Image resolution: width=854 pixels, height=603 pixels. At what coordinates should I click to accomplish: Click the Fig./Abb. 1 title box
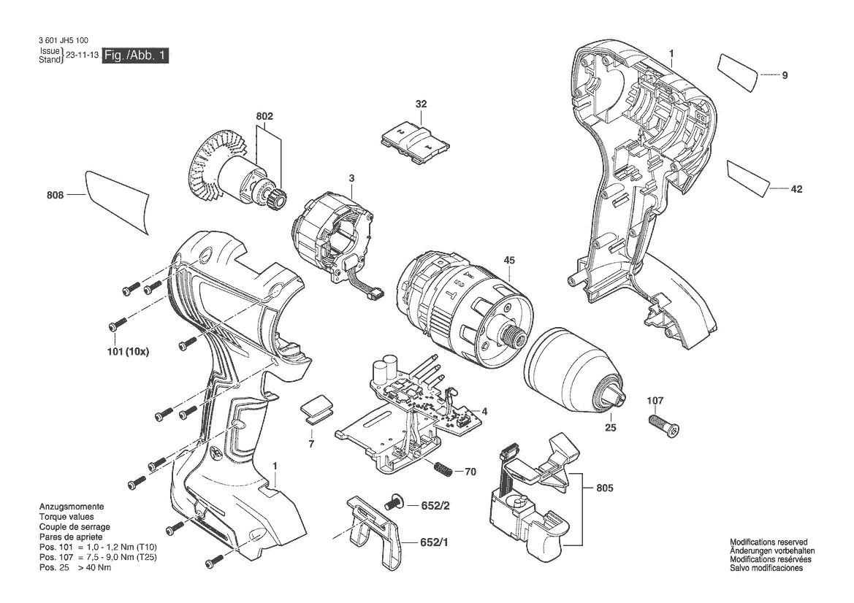(x=135, y=55)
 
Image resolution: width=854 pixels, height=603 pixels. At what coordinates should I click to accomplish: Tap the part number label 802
(x=264, y=116)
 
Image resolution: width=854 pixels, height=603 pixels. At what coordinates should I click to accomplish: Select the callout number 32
(x=421, y=104)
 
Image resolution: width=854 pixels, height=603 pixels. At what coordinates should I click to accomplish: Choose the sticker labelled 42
(x=750, y=177)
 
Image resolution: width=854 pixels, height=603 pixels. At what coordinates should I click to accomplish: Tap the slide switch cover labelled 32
(x=414, y=139)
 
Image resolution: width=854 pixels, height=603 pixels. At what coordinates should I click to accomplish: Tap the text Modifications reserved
(x=769, y=542)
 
